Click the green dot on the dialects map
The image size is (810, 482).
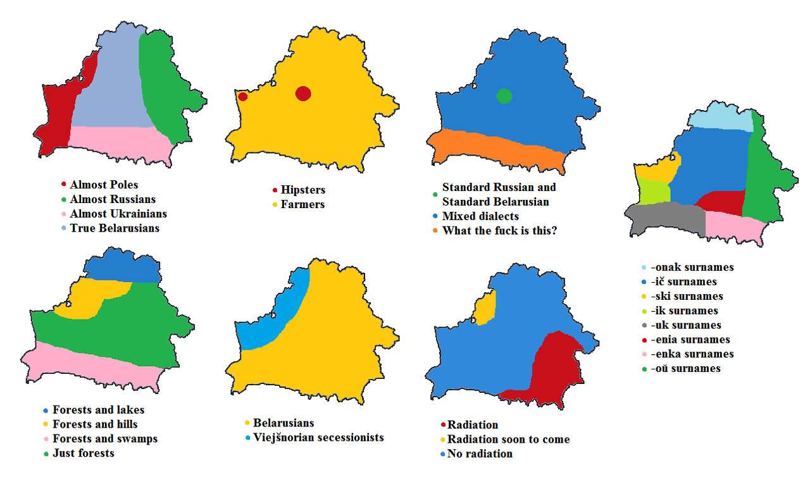(x=504, y=96)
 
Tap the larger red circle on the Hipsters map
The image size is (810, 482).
(x=303, y=94)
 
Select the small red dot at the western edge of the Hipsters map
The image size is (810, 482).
(x=243, y=97)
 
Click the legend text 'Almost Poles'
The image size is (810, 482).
(x=104, y=185)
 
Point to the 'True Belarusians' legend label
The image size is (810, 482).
(x=115, y=228)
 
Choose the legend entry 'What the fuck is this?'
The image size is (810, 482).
(x=499, y=230)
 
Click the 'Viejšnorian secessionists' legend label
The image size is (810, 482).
(x=318, y=437)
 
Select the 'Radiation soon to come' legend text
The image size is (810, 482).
(x=508, y=439)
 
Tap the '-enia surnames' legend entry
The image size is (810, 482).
(x=690, y=340)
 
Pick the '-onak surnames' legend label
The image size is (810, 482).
(x=692, y=267)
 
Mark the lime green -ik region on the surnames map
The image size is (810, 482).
(x=650, y=192)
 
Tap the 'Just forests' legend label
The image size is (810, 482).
(x=83, y=453)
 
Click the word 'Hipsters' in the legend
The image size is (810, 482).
(x=303, y=190)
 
